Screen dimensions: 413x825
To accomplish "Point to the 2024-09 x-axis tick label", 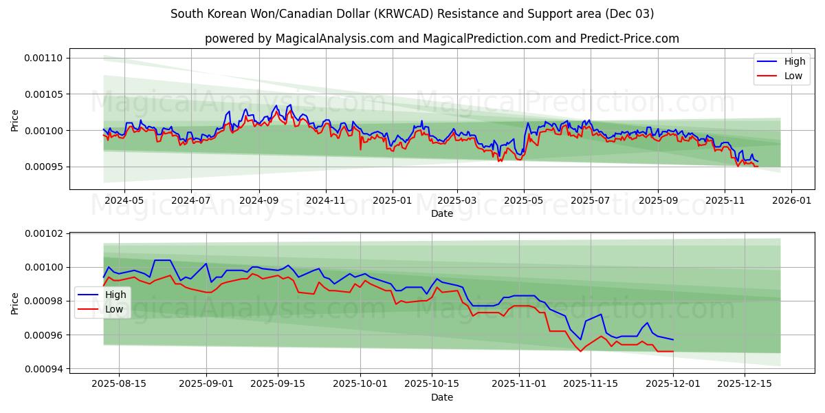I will tap(259, 200).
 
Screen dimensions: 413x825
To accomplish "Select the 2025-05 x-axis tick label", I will tap(524, 200).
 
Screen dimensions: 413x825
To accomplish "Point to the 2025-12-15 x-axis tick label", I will tap(744, 383).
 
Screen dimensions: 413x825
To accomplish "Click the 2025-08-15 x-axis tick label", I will tap(119, 383).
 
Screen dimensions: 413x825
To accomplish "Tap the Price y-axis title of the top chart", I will tap(15, 120).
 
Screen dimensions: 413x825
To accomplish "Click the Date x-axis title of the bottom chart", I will tap(442, 397).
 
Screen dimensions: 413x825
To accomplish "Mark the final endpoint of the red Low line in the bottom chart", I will tap(673, 352).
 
